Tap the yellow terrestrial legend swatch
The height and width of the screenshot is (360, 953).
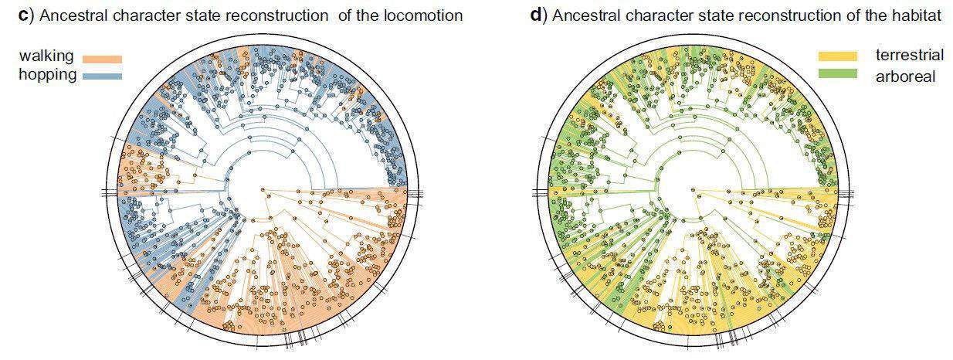838,56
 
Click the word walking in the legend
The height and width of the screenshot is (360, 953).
46,56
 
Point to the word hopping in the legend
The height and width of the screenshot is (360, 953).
48,75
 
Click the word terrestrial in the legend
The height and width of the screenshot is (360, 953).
910,55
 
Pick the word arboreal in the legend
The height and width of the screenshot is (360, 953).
906,76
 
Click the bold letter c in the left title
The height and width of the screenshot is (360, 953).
22,15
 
